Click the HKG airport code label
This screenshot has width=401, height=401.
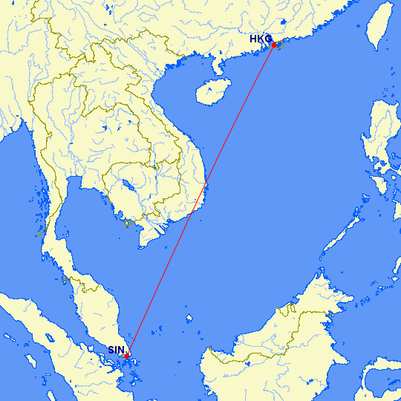pos(261,39)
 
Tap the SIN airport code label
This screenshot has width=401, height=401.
pos(116,350)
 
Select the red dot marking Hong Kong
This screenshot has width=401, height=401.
pos(274,45)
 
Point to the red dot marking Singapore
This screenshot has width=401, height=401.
pos(127,356)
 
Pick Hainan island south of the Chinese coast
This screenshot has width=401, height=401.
pos(209,92)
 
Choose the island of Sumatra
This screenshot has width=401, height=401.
pos(52,349)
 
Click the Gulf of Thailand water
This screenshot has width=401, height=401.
pos(97,230)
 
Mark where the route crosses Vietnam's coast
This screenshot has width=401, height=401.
pos(206,183)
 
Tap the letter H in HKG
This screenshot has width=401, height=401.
pos(253,39)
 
